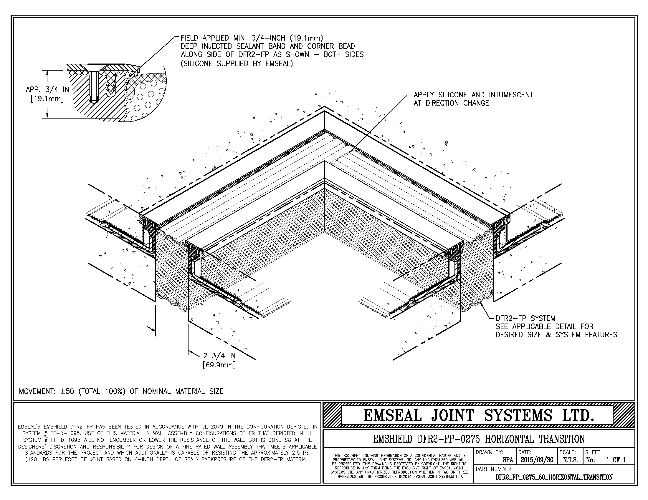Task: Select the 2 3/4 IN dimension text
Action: point(219,356)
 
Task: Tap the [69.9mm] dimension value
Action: point(219,365)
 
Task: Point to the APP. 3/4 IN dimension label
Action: point(47,89)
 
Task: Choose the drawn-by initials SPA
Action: point(508,460)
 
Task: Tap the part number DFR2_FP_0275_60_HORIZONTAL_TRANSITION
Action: point(554,477)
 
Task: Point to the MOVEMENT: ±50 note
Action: point(121,391)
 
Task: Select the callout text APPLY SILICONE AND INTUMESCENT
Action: point(473,95)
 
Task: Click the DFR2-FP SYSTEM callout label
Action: point(525,319)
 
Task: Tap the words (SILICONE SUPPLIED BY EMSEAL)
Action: point(237,63)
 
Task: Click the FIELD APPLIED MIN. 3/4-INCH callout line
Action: point(252,38)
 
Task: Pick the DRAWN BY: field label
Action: point(489,452)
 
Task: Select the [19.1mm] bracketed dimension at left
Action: point(47,98)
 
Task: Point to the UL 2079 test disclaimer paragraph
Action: point(167,443)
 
